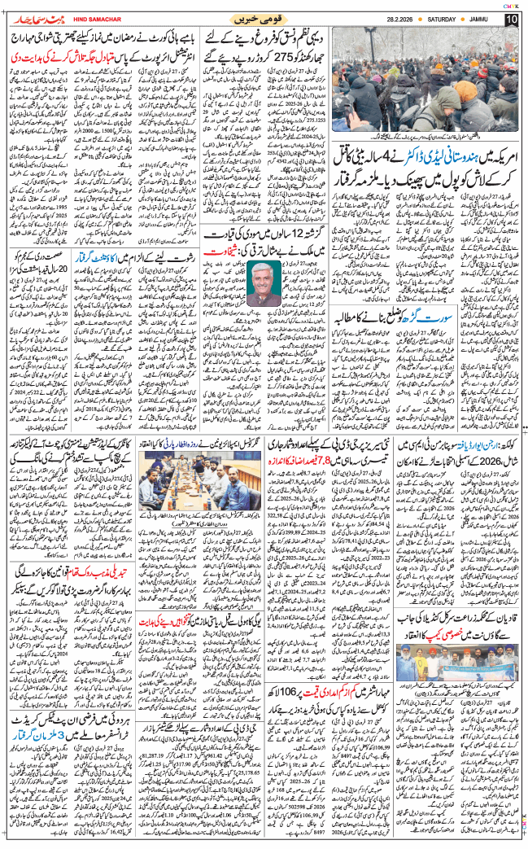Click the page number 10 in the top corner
click(512, 18)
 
